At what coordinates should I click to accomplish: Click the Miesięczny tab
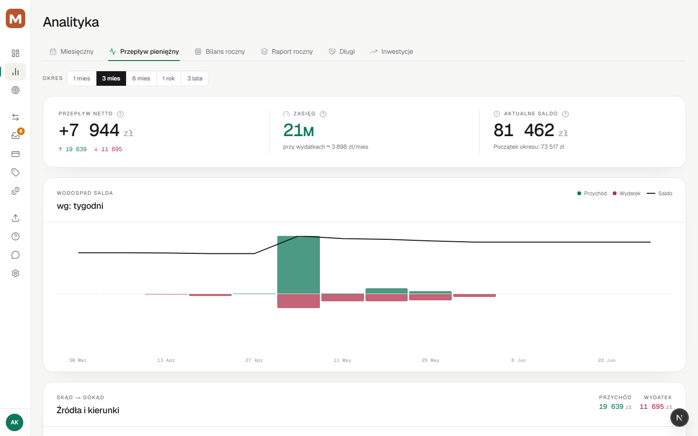click(x=72, y=52)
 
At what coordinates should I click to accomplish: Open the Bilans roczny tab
click(x=220, y=52)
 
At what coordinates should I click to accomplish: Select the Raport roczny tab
click(x=287, y=52)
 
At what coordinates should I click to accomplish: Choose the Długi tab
click(x=342, y=52)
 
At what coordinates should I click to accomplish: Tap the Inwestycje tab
click(x=392, y=52)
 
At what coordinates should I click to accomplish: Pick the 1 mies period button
click(x=81, y=78)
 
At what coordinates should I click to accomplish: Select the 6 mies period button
click(x=141, y=78)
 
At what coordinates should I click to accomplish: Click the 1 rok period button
click(x=169, y=78)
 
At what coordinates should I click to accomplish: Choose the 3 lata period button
click(x=195, y=78)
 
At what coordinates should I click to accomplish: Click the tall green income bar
click(x=299, y=265)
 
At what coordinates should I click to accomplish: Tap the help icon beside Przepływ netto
click(x=120, y=114)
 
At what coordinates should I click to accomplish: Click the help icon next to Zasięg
click(x=323, y=114)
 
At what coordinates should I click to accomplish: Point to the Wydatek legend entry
click(x=627, y=193)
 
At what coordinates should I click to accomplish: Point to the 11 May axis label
click(x=342, y=360)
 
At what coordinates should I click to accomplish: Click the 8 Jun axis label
click(x=519, y=360)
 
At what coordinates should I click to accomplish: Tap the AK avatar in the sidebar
click(x=15, y=422)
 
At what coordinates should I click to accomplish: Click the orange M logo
click(x=16, y=18)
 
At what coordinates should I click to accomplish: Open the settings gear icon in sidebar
click(x=16, y=273)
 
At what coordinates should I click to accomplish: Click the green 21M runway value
click(x=298, y=130)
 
